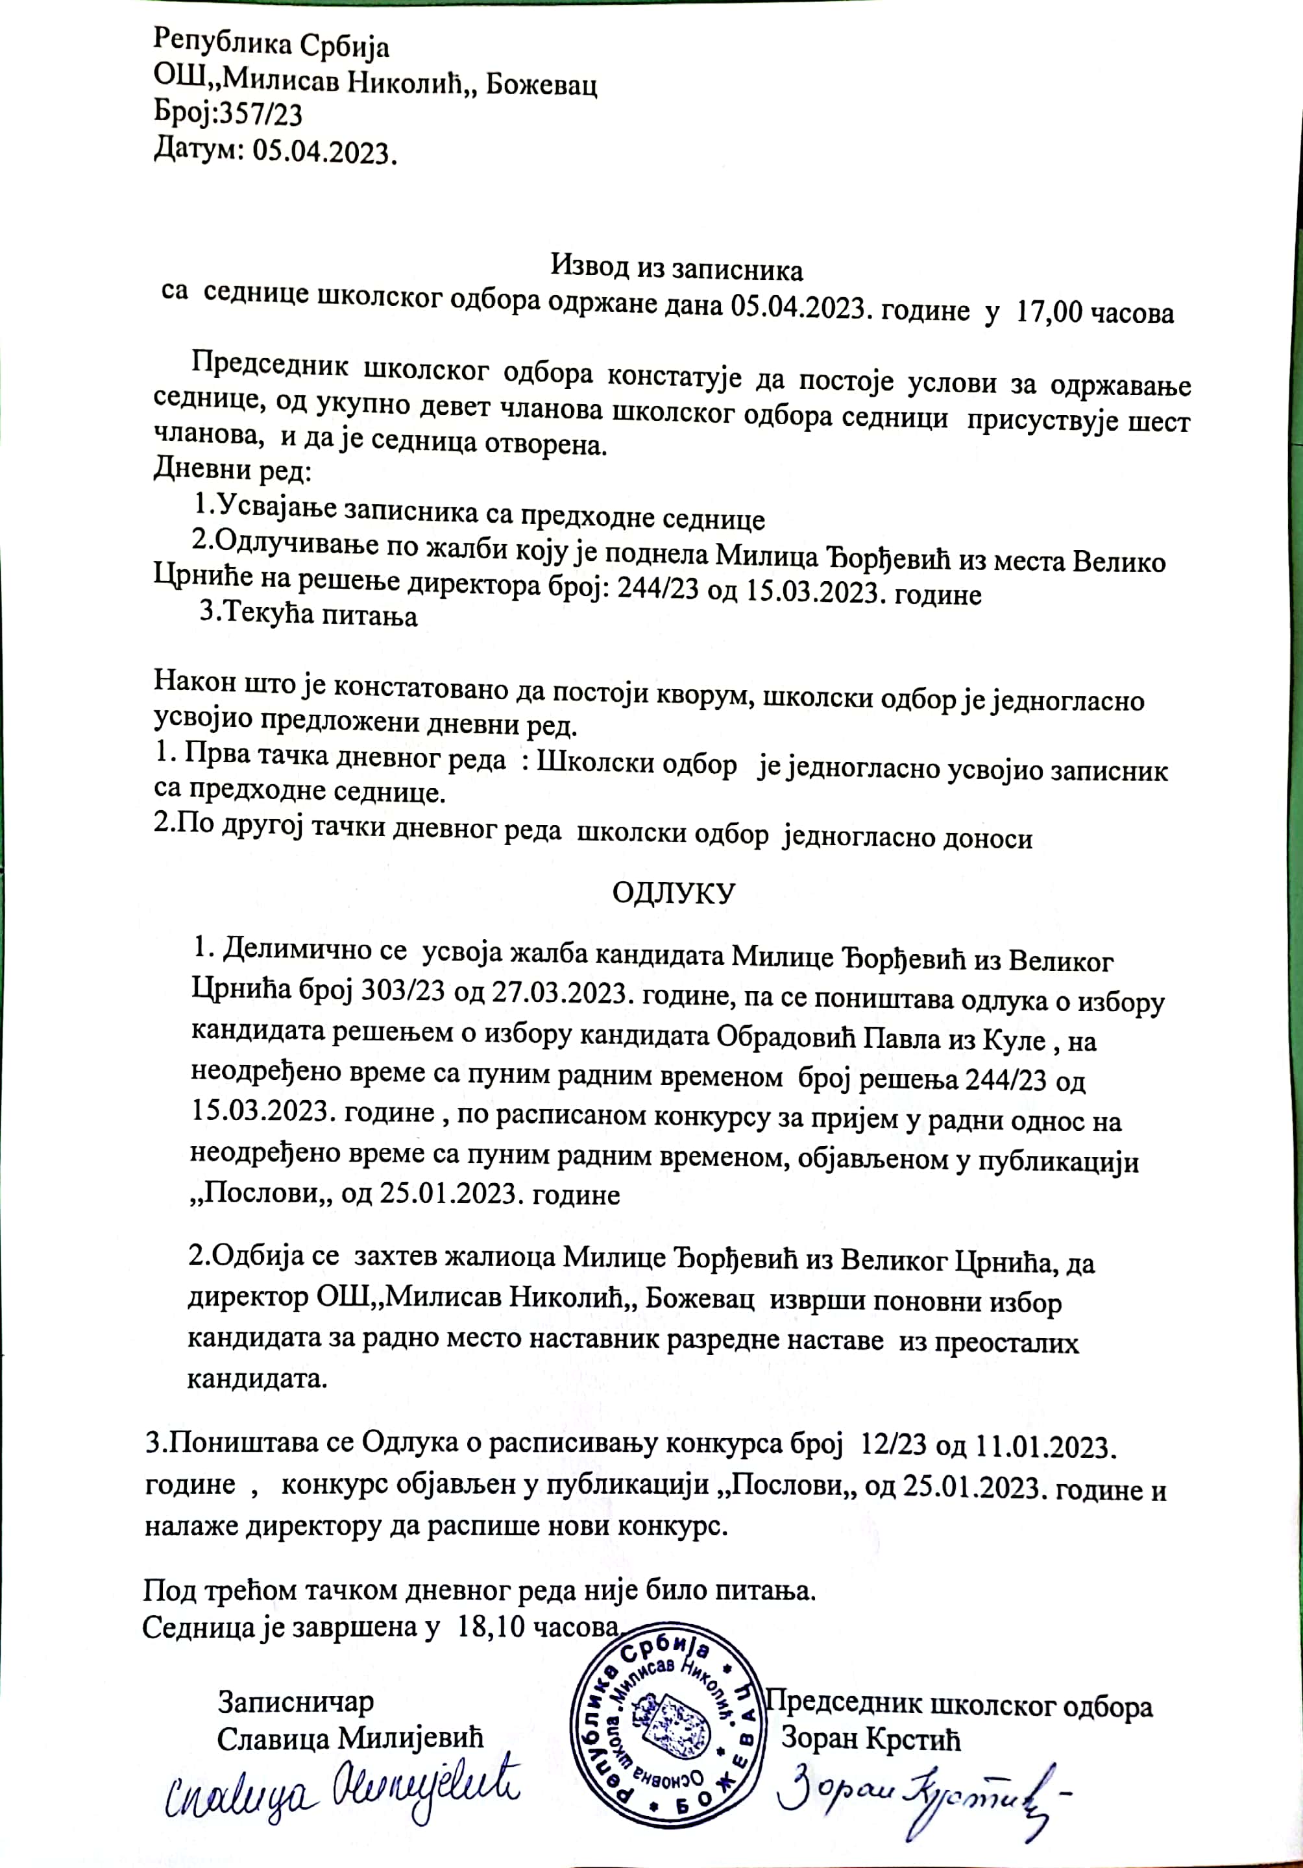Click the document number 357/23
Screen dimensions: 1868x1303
(258, 115)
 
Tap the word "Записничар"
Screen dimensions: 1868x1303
(295, 1702)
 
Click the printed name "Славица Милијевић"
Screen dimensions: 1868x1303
(350, 1739)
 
